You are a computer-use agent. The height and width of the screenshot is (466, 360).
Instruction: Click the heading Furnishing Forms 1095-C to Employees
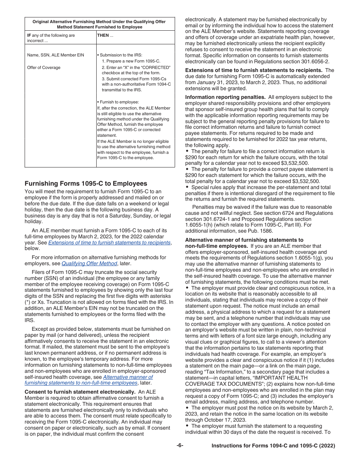86,184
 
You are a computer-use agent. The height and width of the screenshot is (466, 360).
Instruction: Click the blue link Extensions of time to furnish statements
109,242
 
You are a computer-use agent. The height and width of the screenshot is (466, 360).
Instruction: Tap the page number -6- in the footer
180,446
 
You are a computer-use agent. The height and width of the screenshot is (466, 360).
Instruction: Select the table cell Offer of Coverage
44,67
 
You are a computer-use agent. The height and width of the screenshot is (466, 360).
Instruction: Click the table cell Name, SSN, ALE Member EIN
55,55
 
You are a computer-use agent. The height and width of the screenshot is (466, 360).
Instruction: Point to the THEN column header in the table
103,35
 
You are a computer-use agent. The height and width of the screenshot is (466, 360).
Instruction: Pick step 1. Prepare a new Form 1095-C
131,61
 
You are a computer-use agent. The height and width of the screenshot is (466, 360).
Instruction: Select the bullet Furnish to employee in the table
118,102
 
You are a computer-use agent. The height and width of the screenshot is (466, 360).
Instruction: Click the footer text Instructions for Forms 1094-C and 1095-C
273,446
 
